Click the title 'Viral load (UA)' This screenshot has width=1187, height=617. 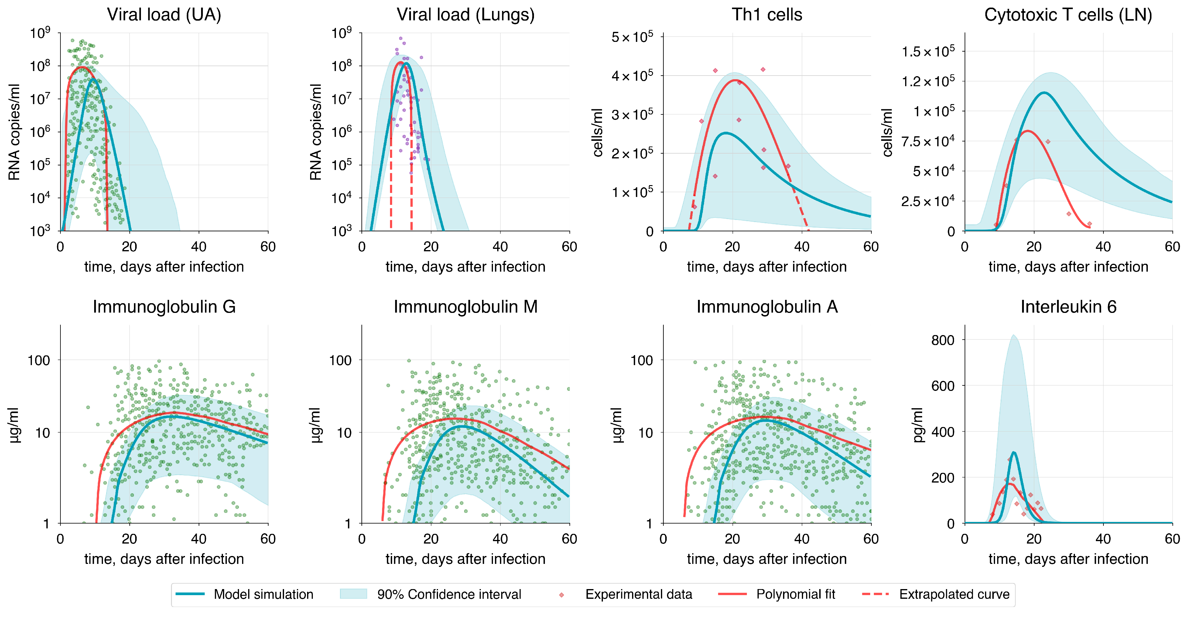(164, 15)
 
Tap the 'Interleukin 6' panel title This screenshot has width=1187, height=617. (1068, 307)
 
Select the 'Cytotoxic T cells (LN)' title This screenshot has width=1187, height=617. (1068, 15)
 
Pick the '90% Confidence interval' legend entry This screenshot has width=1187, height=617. (449, 595)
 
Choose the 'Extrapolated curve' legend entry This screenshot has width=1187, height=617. (954, 595)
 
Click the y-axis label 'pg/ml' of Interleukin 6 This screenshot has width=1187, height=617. (918, 425)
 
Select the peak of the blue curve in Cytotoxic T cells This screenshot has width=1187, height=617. (1043, 93)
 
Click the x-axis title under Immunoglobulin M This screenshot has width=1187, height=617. (465, 559)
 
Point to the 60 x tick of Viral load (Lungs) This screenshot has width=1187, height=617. (569, 247)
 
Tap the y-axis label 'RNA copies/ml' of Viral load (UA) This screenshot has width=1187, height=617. (14, 132)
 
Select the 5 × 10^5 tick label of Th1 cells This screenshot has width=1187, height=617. (632, 37)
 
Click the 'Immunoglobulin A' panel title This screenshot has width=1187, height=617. (767, 307)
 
